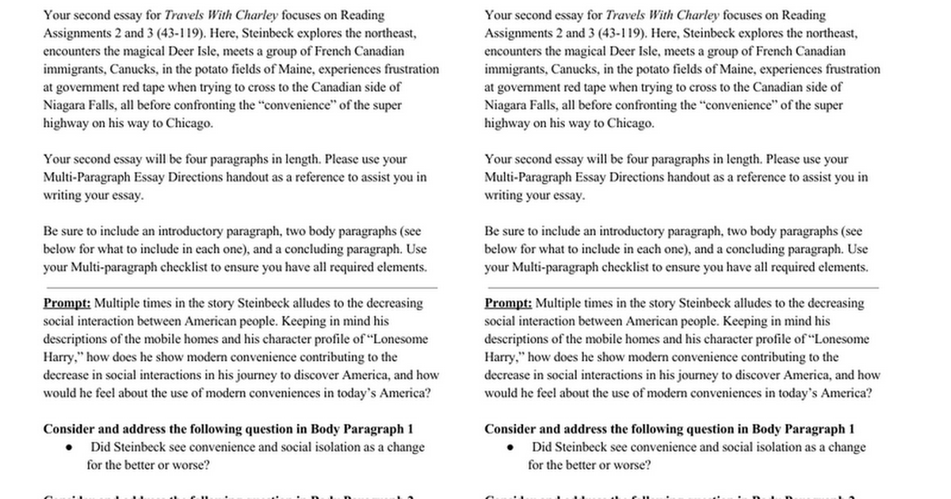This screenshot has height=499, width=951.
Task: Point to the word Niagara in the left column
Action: [x=63, y=105]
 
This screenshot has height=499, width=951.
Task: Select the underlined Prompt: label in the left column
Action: [x=67, y=303]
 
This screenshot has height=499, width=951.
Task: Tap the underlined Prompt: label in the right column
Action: [x=508, y=303]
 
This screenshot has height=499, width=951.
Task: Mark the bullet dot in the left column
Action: [x=70, y=448]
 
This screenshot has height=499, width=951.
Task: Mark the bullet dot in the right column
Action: [x=511, y=448]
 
